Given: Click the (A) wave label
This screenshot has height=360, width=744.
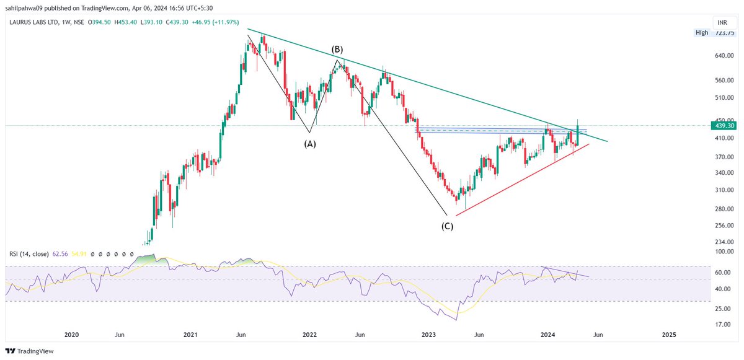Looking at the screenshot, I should [x=309, y=143].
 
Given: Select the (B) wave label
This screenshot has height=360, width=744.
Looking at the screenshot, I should [x=337, y=49].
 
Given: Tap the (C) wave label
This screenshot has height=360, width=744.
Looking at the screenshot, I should [x=447, y=226].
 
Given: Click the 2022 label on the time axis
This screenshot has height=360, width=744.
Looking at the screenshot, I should [x=309, y=335].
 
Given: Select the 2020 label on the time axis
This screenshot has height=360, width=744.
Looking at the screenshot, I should [x=72, y=335].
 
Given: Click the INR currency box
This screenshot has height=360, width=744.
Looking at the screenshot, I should [x=722, y=22].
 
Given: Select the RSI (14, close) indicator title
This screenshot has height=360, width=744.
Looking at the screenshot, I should [x=31, y=253].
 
